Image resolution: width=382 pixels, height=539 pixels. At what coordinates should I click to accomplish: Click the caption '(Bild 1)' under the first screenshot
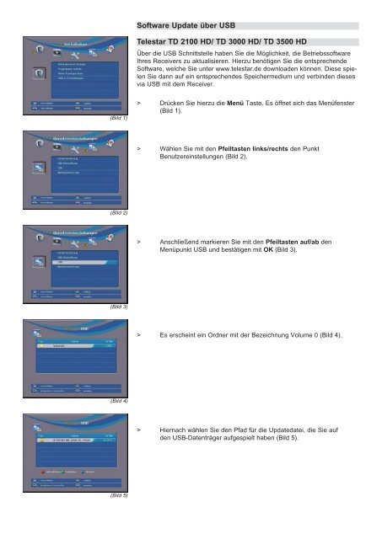pos(118,119)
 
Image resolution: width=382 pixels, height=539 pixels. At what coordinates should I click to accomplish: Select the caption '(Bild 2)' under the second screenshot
pos(118,213)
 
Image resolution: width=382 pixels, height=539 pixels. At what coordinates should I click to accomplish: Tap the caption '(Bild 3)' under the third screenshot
pos(118,307)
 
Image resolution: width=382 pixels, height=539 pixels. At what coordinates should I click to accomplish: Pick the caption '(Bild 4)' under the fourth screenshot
pos(118,402)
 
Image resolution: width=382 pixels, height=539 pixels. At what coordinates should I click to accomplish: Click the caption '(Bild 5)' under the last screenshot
pos(118,496)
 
